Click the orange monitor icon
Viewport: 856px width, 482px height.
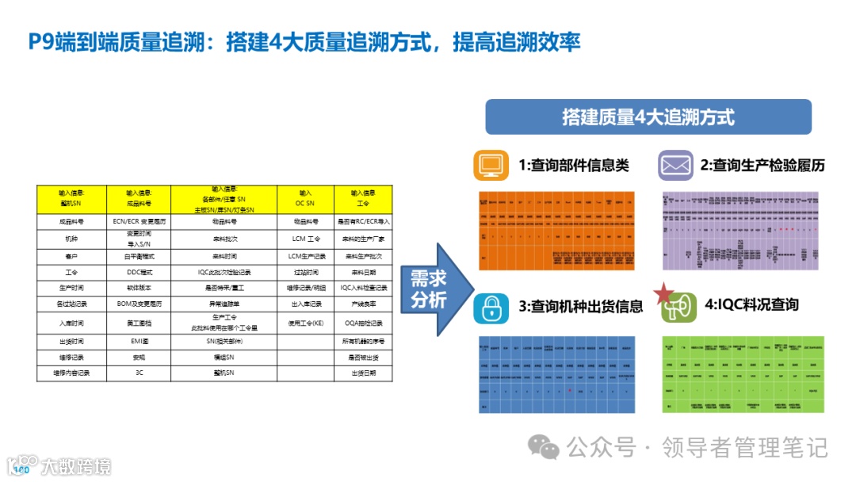coord(491,165)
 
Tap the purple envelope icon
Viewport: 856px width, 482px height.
coord(675,165)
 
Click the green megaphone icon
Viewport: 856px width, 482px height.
coord(679,307)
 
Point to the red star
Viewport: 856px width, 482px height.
coord(662,294)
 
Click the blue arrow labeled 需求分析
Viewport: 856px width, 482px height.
coord(433,289)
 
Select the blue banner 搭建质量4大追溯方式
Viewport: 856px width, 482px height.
coord(648,117)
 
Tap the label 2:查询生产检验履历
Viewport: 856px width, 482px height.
coord(762,166)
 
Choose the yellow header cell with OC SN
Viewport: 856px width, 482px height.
coord(305,197)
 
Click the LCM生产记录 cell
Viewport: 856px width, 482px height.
coord(306,256)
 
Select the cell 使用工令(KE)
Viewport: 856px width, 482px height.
coord(306,323)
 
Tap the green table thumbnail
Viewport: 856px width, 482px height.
coord(743,373)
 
